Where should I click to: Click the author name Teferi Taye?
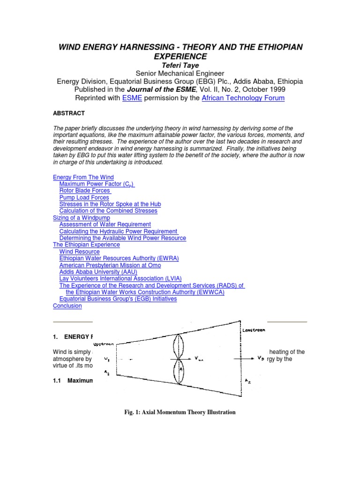click(x=180, y=66)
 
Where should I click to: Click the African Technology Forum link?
click(x=243, y=98)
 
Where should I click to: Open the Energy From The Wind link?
click(x=83, y=177)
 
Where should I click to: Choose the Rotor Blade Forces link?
click(x=85, y=191)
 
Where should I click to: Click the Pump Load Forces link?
click(x=84, y=198)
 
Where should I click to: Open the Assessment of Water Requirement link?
click(x=105, y=225)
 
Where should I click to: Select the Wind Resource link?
click(x=80, y=252)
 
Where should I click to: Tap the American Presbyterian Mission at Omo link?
click(x=110, y=265)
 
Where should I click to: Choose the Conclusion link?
click(x=67, y=306)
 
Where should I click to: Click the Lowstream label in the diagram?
click(x=254, y=330)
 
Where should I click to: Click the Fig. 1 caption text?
click(x=180, y=412)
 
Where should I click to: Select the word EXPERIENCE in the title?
click(x=180, y=56)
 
